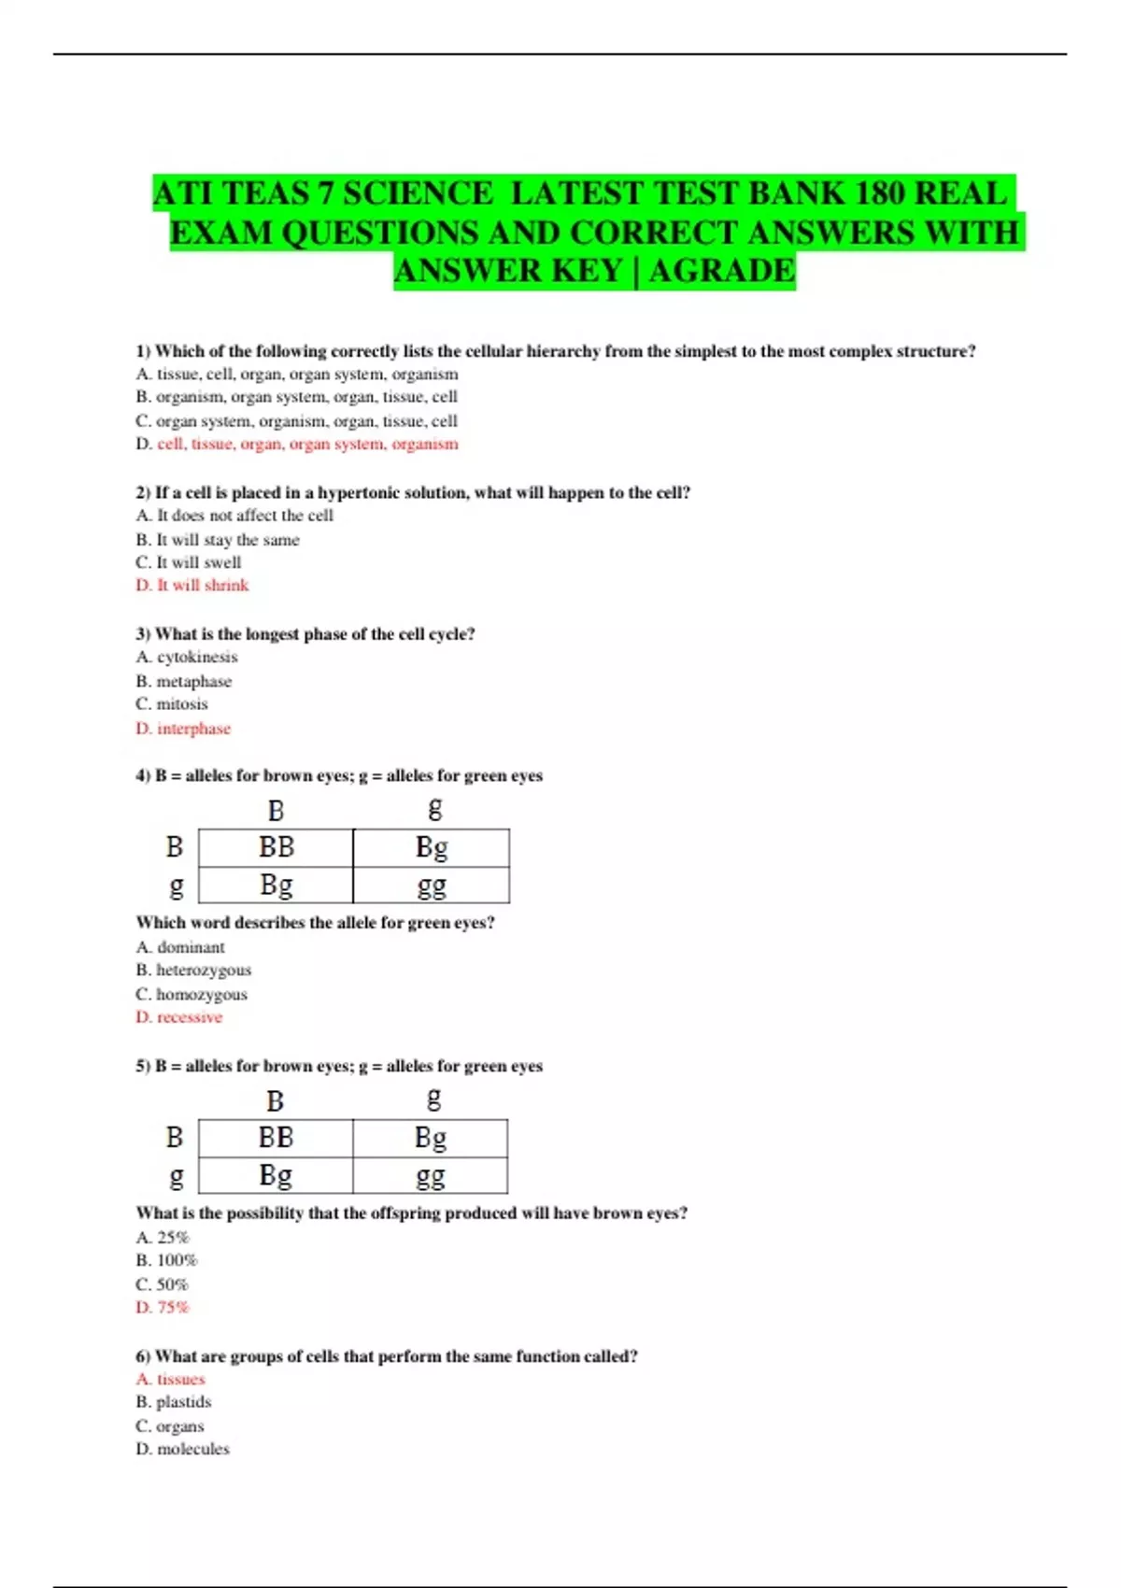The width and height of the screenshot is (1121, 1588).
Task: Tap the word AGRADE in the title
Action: click(722, 271)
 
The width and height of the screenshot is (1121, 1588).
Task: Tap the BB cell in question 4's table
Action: click(277, 847)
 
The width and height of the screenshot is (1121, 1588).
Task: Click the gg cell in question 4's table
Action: click(432, 885)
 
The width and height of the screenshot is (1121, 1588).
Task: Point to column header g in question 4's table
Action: click(434, 808)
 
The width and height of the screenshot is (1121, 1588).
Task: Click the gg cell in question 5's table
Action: click(431, 1175)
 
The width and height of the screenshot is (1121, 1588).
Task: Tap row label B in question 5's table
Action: click(175, 1138)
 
